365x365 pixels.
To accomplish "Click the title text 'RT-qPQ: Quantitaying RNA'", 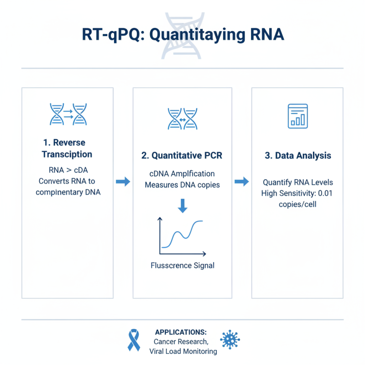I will tap(182, 35).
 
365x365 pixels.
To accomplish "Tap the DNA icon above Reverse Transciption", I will tap(68, 114).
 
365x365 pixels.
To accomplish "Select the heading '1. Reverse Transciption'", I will tap(67, 148).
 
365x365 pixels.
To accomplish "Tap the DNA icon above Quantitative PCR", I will tap(182, 120).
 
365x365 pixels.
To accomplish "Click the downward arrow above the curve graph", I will tap(182, 206).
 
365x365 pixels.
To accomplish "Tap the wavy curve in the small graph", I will tap(182, 234).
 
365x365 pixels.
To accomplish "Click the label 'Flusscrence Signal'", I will tap(182, 265).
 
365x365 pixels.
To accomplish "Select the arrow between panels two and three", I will tap(242, 182).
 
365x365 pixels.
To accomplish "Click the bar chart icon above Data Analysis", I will tap(297, 115).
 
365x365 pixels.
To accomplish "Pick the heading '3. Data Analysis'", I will tap(297, 156).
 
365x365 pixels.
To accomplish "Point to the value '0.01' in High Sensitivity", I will tap(324, 193).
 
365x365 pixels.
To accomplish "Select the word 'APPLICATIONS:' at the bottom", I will tap(181, 332).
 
